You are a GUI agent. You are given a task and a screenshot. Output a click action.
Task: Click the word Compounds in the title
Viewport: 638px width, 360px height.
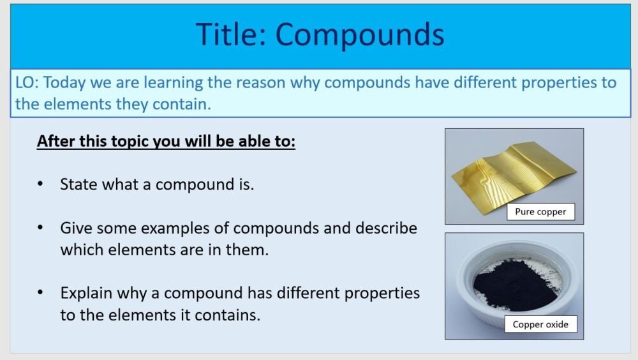pos(360,34)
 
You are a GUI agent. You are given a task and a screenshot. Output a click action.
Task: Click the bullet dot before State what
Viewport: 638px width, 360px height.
pos(41,184)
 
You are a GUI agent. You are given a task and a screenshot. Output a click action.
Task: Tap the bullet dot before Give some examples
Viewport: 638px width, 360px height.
pos(41,228)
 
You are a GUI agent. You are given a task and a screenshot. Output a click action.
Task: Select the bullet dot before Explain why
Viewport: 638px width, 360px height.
pos(41,293)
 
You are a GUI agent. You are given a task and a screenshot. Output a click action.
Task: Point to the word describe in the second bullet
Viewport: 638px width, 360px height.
pos(387,228)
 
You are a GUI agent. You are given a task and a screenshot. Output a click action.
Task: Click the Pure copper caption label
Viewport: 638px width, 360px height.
pos(540,212)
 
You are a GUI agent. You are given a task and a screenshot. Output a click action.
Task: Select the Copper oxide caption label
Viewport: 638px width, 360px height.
pos(540,324)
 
